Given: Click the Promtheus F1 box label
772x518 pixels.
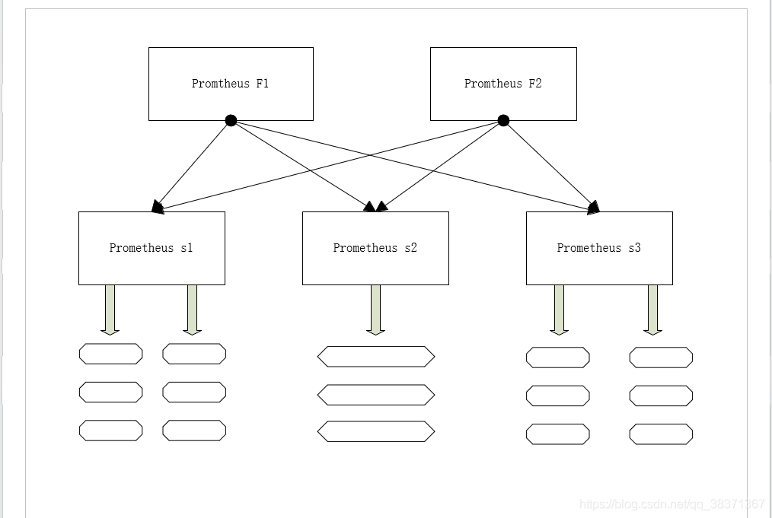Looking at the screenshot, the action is point(231,84).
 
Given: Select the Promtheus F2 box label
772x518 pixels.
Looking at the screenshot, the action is point(503,84).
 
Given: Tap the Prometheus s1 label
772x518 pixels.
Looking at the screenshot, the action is point(152,248).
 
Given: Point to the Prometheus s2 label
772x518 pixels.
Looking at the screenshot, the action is point(375,248).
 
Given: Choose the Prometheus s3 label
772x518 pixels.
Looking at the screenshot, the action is point(599,248).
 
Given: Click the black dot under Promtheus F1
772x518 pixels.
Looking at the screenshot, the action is point(231,120).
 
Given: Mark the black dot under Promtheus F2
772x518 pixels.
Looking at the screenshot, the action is point(503,120).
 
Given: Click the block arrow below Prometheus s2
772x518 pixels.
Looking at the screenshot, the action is point(375,310).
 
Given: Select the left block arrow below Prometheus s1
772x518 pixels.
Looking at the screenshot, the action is point(110,310).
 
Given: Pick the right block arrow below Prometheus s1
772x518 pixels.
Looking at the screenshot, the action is point(192,310).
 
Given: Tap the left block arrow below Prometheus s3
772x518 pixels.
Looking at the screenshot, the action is point(559,310).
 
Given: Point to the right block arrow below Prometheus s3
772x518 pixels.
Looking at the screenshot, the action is point(653,310).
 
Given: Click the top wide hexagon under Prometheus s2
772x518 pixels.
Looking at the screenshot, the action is point(376,357).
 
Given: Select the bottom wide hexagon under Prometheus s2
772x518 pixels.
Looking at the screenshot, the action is point(376,431).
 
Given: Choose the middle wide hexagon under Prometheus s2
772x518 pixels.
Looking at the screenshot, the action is point(376,395).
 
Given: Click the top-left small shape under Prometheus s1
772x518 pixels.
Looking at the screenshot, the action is point(111,354).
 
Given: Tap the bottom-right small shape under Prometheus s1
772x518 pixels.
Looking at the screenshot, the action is point(194,431).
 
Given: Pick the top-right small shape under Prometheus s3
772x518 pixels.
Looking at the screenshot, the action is point(661,358).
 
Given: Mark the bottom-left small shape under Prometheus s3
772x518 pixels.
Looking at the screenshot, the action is point(558,434).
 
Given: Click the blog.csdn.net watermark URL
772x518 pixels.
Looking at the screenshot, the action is point(672,504).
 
